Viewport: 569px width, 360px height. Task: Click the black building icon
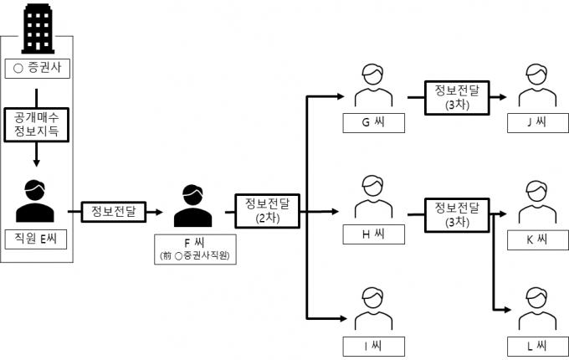tap(38, 28)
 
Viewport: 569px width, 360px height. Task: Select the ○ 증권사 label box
tap(38, 66)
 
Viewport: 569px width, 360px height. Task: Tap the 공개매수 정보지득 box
tap(36, 125)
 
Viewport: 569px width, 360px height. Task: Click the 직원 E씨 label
tap(36, 237)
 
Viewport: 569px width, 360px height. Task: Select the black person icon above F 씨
tap(192, 205)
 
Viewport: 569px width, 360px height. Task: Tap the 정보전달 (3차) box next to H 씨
tap(453, 213)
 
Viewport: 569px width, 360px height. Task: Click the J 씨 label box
tap(536, 123)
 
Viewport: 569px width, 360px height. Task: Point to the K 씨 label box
tap(536, 239)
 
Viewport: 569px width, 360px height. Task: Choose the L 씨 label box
tap(536, 346)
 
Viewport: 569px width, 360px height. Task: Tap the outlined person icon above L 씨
tap(536, 308)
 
